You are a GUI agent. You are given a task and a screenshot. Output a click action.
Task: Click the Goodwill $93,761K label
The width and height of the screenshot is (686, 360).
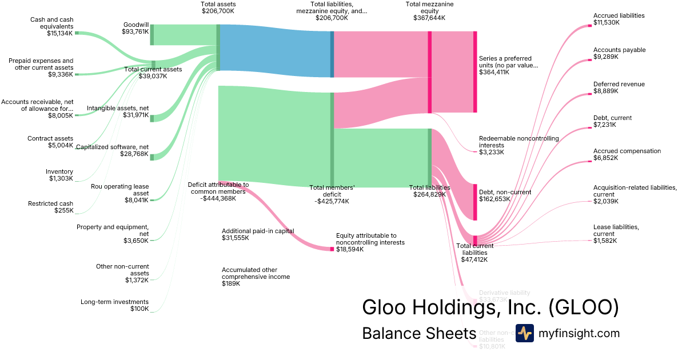[x=135, y=29]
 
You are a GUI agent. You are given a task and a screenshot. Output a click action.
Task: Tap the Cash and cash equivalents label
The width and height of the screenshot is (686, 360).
[x=51, y=26]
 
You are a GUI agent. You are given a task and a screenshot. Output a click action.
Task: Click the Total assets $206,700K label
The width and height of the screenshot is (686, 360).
[x=218, y=7]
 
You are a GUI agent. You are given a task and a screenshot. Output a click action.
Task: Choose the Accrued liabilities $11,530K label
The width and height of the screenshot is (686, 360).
[x=619, y=19]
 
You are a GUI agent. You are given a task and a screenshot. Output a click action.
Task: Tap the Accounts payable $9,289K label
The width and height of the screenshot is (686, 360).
[x=619, y=53]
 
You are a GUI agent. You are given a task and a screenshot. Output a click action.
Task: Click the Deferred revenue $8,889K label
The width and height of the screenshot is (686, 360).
[x=619, y=87]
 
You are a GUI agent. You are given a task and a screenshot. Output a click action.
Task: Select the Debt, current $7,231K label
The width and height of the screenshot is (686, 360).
[x=612, y=121]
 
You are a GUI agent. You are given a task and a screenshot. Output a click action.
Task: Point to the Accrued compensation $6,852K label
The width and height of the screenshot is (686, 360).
[x=619, y=154]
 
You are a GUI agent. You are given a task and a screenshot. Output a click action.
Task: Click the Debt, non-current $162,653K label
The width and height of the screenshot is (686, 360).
[x=505, y=196]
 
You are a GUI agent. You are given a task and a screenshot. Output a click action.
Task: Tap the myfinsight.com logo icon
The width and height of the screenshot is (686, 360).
[x=524, y=333]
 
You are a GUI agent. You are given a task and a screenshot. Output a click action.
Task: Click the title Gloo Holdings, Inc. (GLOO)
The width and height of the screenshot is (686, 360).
[x=490, y=307]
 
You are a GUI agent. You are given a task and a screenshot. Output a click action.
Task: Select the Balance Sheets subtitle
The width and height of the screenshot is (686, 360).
[x=418, y=334]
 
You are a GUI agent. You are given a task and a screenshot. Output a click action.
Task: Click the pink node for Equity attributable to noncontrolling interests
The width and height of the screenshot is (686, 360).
[x=332, y=249]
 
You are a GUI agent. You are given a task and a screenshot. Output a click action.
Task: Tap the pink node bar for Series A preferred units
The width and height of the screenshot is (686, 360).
[x=474, y=71]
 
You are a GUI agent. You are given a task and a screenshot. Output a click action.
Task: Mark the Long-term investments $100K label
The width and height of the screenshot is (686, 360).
[x=114, y=305]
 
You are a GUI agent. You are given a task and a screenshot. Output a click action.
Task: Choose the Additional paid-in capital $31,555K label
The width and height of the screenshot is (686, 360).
[x=258, y=234]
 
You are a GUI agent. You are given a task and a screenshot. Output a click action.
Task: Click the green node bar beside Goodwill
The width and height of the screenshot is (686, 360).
[x=152, y=34]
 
